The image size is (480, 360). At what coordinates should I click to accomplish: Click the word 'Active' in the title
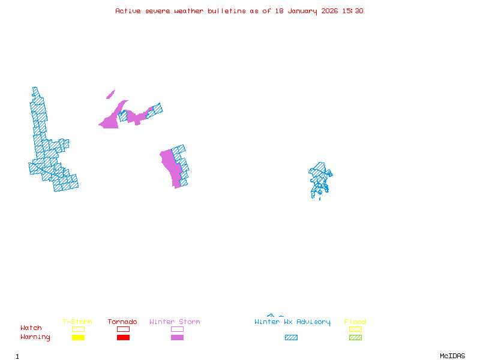click(x=128, y=11)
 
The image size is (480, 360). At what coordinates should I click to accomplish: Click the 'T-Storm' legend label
click(x=77, y=322)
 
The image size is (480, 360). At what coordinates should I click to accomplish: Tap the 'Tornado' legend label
click(x=122, y=322)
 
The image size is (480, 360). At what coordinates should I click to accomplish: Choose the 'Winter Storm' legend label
click(x=175, y=322)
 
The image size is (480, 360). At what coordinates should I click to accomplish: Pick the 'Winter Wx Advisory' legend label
click(x=292, y=322)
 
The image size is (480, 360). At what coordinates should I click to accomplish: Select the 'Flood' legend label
click(x=355, y=322)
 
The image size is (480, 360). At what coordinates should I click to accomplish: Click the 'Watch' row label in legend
click(x=31, y=328)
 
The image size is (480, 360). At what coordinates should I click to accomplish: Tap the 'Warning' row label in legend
click(x=35, y=337)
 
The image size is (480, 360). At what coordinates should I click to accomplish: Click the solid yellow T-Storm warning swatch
click(x=78, y=338)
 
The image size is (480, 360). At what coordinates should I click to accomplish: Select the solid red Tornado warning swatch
click(x=123, y=338)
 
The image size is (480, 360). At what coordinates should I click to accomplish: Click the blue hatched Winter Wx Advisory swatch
click(x=291, y=338)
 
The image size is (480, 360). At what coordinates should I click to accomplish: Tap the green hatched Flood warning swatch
click(x=355, y=338)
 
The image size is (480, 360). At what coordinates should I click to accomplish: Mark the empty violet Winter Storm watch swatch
click(x=177, y=329)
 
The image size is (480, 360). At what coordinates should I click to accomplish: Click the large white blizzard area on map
click(x=23, y=123)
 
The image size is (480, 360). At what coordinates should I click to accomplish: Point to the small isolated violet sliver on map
click(x=110, y=94)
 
